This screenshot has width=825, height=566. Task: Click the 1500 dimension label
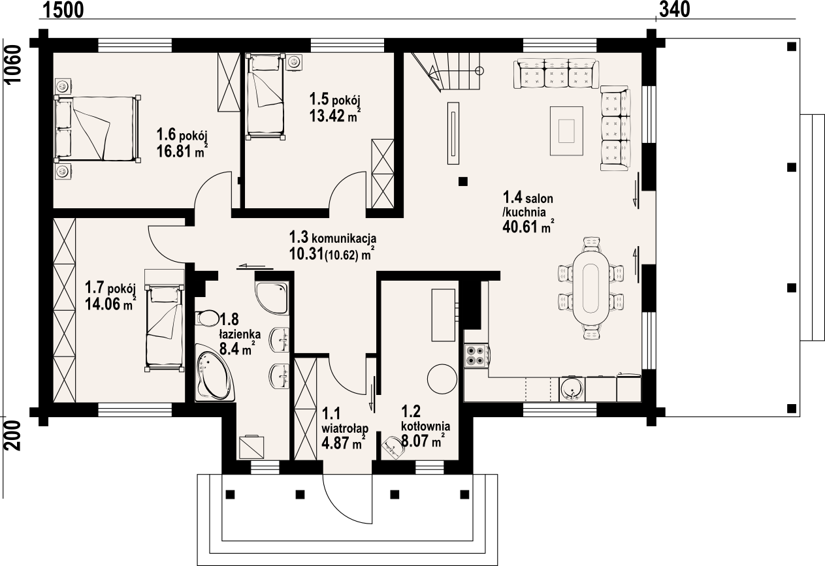tap(63, 10)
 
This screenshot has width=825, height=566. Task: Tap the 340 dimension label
tap(674, 10)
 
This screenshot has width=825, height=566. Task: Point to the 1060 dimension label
tap(14, 65)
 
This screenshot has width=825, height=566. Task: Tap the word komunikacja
tap(344, 238)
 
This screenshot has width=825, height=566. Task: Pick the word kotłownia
tap(425, 426)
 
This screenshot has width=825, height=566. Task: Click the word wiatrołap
tap(345, 428)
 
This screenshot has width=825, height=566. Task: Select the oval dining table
tap(590, 288)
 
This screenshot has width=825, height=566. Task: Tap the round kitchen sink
tap(572, 389)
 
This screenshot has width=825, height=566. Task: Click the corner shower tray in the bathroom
tap(272, 298)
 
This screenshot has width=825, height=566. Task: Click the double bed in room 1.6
tap(97, 129)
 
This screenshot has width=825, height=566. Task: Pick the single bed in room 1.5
tap(266, 97)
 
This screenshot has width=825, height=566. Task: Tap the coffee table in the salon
tap(566, 131)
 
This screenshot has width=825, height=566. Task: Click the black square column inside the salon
tap(463, 181)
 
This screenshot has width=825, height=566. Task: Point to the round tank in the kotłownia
tap(442, 379)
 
